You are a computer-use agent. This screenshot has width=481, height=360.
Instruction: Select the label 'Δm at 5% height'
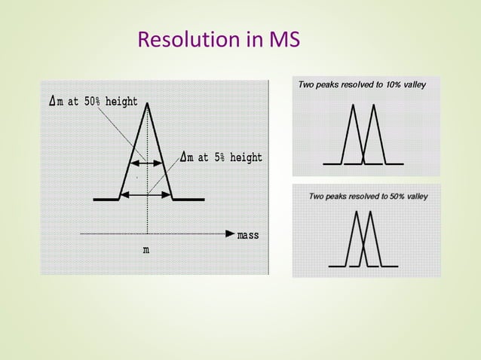click(x=222, y=157)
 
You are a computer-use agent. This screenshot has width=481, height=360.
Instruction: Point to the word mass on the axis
click(x=248, y=235)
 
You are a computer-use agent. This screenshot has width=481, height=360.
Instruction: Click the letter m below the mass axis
click(x=146, y=250)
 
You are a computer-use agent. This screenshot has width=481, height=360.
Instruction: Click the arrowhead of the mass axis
click(x=229, y=234)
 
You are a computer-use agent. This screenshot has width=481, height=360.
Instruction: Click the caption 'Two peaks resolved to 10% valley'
click(x=362, y=84)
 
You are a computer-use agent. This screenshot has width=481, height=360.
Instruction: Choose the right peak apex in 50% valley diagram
click(x=370, y=212)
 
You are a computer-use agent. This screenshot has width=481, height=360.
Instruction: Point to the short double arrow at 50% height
click(x=146, y=162)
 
